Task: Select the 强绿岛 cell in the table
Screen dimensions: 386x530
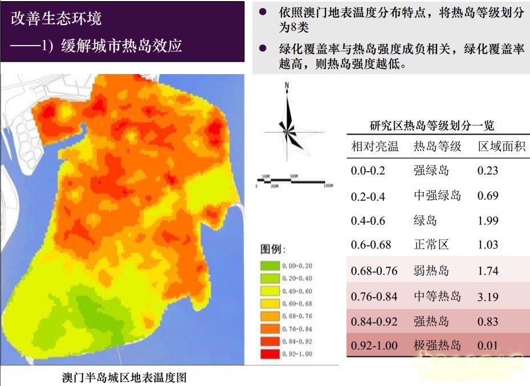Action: point(431,170)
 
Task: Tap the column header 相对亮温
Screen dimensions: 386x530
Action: point(375,147)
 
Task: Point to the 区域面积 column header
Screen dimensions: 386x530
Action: point(501,147)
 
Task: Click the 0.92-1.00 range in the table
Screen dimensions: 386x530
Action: point(375,346)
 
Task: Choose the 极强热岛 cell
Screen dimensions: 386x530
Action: point(438,346)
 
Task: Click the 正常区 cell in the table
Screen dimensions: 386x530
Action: point(431,245)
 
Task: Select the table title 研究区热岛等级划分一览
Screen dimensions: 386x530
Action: point(432,127)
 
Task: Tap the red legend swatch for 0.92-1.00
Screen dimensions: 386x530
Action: point(270,354)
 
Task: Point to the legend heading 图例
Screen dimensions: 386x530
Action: point(273,250)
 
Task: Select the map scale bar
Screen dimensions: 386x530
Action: point(294,182)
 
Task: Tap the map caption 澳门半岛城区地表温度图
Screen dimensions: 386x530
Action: point(124,377)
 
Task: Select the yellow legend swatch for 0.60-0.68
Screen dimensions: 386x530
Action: point(270,303)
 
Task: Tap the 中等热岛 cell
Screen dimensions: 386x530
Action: point(438,296)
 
